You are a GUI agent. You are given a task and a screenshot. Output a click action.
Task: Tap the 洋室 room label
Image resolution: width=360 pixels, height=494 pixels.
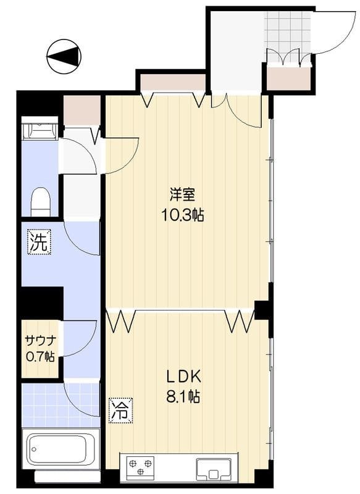pos(182,195)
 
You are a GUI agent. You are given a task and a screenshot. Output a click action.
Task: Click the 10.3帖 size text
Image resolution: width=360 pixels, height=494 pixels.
pos(182,215)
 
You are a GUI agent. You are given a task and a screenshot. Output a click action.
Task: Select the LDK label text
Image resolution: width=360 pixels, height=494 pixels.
pos(183,377)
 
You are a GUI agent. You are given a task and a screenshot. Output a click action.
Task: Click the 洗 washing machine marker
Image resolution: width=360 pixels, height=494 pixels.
pos(40,241)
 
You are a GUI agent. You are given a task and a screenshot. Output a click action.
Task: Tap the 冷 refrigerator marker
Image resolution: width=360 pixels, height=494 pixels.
pos(121,411)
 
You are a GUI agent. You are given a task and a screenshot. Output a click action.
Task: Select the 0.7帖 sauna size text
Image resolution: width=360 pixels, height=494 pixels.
pos(40,356)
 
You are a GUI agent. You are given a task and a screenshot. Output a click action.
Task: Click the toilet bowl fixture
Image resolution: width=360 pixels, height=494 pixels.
pos(41,202)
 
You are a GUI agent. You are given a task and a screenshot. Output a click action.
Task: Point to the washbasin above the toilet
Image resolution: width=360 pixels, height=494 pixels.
pos(40,128)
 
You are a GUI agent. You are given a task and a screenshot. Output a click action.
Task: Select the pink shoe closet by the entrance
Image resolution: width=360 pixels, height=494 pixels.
pos(288,78)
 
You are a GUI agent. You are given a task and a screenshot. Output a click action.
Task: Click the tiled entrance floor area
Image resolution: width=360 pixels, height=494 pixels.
pos(288,31)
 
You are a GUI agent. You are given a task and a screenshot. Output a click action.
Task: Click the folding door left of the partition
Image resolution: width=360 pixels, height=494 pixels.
pos(122,321)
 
